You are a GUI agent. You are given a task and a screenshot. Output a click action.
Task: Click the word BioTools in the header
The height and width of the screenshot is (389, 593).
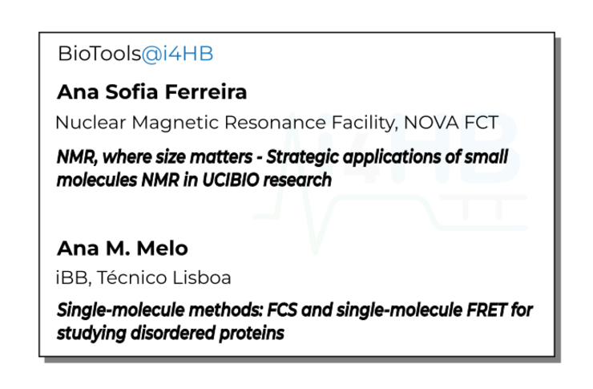(x=99, y=54)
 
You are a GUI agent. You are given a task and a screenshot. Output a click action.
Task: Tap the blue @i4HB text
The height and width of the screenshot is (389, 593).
(x=178, y=54)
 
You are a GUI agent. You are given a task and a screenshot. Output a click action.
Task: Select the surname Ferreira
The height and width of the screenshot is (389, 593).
(x=206, y=92)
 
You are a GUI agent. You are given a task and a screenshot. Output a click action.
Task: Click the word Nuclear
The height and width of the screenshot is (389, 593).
(x=91, y=123)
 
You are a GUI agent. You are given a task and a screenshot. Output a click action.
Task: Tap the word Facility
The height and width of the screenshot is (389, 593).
(x=365, y=124)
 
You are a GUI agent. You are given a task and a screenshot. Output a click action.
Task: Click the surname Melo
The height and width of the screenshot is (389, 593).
(x=162, y=249)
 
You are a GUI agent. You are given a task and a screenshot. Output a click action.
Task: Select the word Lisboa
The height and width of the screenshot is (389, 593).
(x=202, y=278)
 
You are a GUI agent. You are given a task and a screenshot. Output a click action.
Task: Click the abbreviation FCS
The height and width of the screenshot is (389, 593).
(x=282, y=310)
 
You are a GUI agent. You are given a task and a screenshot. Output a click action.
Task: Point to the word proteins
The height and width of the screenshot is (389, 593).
(x=252, y=334)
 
